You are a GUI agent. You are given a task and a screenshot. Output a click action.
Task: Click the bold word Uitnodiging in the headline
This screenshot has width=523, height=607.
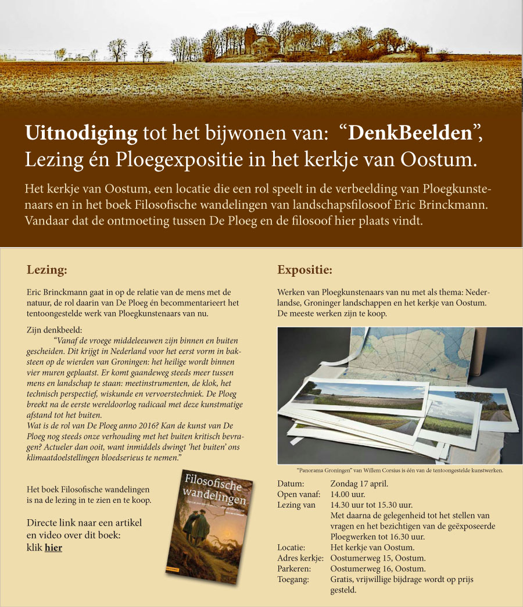pos(81,134)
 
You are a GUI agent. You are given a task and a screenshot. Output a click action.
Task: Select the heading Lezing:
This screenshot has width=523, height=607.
pos(47,270)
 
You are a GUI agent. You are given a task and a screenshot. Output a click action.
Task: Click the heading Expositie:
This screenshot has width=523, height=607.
pos(305,270)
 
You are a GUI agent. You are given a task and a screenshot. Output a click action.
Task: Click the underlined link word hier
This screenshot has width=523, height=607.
pos(53,548)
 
